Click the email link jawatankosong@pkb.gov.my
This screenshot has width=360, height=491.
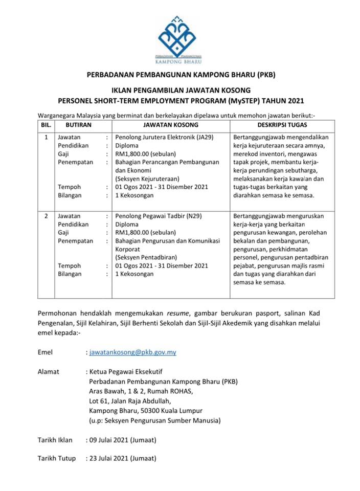click(132, 352)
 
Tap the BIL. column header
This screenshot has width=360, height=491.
click(46, 124)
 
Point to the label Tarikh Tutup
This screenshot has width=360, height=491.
click(57, 458)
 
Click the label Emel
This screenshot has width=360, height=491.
click(45, 352)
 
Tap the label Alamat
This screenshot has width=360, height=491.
click(49, 372)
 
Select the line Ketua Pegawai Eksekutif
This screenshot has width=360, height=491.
click(125, 372)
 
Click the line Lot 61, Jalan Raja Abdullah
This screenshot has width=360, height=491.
click(130, 401)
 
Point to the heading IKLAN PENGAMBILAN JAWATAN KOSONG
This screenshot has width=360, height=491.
click(181, 90)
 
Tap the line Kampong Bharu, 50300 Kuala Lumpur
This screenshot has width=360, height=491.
click(146, 411)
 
